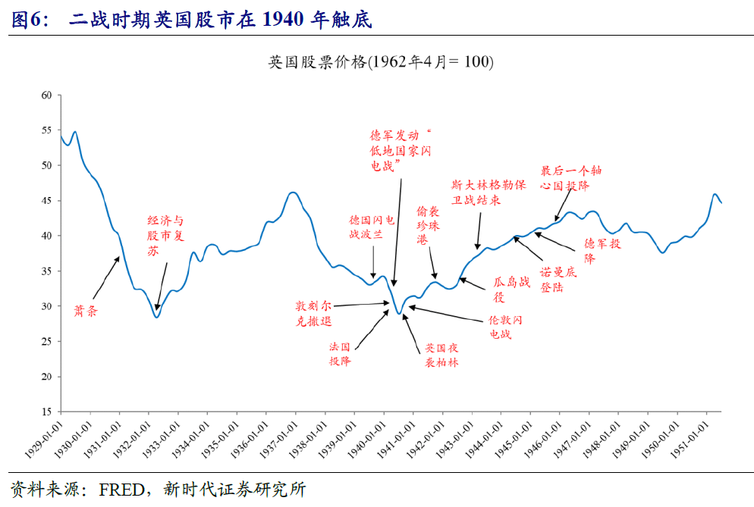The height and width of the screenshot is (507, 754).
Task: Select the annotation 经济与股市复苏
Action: tap(165, 236)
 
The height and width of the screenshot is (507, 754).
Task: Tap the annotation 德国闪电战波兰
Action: tap(371, 227)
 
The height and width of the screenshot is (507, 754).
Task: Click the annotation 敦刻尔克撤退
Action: tap(314, 313)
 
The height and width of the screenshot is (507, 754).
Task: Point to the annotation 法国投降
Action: tap(340, 354)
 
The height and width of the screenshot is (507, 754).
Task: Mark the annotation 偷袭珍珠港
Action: tap(428, 225)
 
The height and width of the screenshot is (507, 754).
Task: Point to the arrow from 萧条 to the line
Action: tap(105, 277)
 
